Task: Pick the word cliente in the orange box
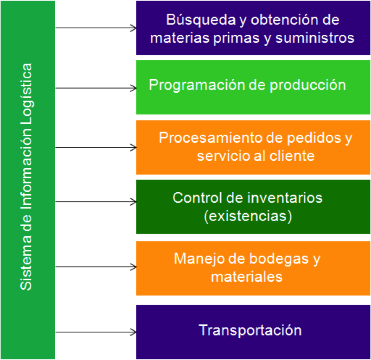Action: [x=291, y=156]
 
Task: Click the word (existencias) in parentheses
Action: [x=248, y=216]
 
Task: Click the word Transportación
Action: [x=250, y=330]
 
